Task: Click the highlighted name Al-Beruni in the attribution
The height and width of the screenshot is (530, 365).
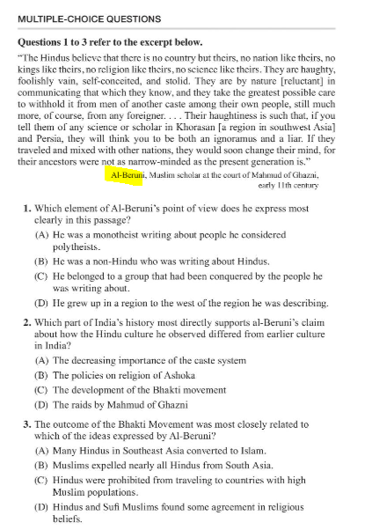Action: [x=130, y=176]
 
